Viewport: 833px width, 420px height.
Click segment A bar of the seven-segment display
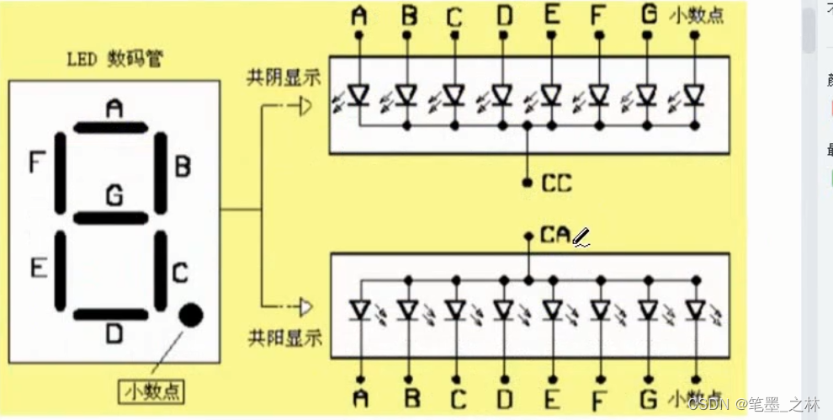tap(110, 128)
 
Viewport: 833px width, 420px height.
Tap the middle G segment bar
tap(110, 218)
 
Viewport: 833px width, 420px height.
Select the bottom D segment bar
tap(110, 314)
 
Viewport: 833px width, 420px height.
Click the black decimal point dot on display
tap(191, 315)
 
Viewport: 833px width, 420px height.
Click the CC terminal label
tap(556, 182)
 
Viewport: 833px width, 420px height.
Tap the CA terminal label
tap(556, 236)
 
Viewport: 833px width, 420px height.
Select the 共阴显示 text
tap(284, 78)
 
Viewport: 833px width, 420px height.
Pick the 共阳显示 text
tap(284, 338)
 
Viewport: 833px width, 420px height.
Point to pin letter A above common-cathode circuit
tap(359, 16)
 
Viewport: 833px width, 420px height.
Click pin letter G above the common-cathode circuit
tap(647, 16)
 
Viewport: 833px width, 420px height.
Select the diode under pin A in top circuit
tap(359, 94)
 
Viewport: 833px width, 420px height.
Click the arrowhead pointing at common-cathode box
tap(305, 106)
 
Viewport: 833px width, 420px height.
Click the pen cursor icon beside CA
tap(581, 239)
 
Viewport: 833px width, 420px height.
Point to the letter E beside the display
tap(38, 268)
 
